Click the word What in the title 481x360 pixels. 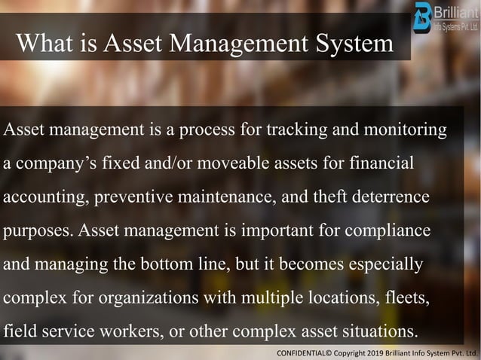tap(42, 42)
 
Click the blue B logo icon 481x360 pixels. tap(423, 15)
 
